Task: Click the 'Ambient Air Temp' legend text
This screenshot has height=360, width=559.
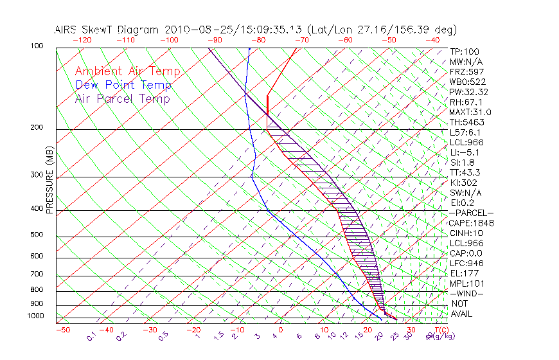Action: [x=127, y=71]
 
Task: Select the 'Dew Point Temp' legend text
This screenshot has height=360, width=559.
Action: [x=123, y=85]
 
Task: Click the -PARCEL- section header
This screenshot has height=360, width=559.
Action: [x=471, y=213]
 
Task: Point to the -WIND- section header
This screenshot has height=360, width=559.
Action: [x=467, y=293]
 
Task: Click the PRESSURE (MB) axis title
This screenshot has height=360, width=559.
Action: [x=49, y=183]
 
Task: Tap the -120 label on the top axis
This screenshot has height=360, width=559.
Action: [x=82, y=40]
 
